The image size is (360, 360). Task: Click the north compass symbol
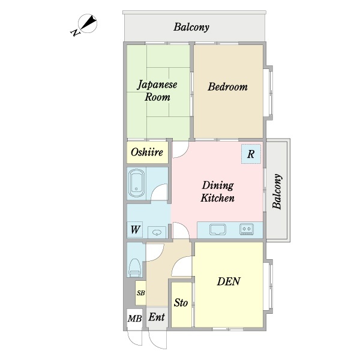[x=86, y=25]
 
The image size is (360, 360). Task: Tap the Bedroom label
[x=227, y=87]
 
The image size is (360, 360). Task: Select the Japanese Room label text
[x=157, y=91]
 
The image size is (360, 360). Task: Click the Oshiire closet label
[x=147, y=152]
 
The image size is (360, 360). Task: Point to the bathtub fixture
[x=136, y=184]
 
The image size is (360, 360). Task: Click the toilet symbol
[x=134, y=268]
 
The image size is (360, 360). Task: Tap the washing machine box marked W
[x=135, y=230]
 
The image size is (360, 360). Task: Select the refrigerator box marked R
[x=251, y=154]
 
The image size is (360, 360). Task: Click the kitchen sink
[x=217, y=230]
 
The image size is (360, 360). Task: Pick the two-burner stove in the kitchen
[x=247, y=229]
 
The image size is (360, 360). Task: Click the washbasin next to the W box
[x=157, y=232]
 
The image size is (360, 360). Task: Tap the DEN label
[x=229, y=281]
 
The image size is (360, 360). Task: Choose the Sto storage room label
[x=181, y=303]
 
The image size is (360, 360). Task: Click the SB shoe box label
[x=141, y=293]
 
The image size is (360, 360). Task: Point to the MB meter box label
[x=134, y=319]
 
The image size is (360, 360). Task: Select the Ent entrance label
[x=157, y=317]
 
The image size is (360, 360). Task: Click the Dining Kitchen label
[x=218, y=192]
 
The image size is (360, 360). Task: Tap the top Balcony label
[x=191, y=27]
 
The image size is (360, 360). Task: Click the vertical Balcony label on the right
[x=277, y=191]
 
